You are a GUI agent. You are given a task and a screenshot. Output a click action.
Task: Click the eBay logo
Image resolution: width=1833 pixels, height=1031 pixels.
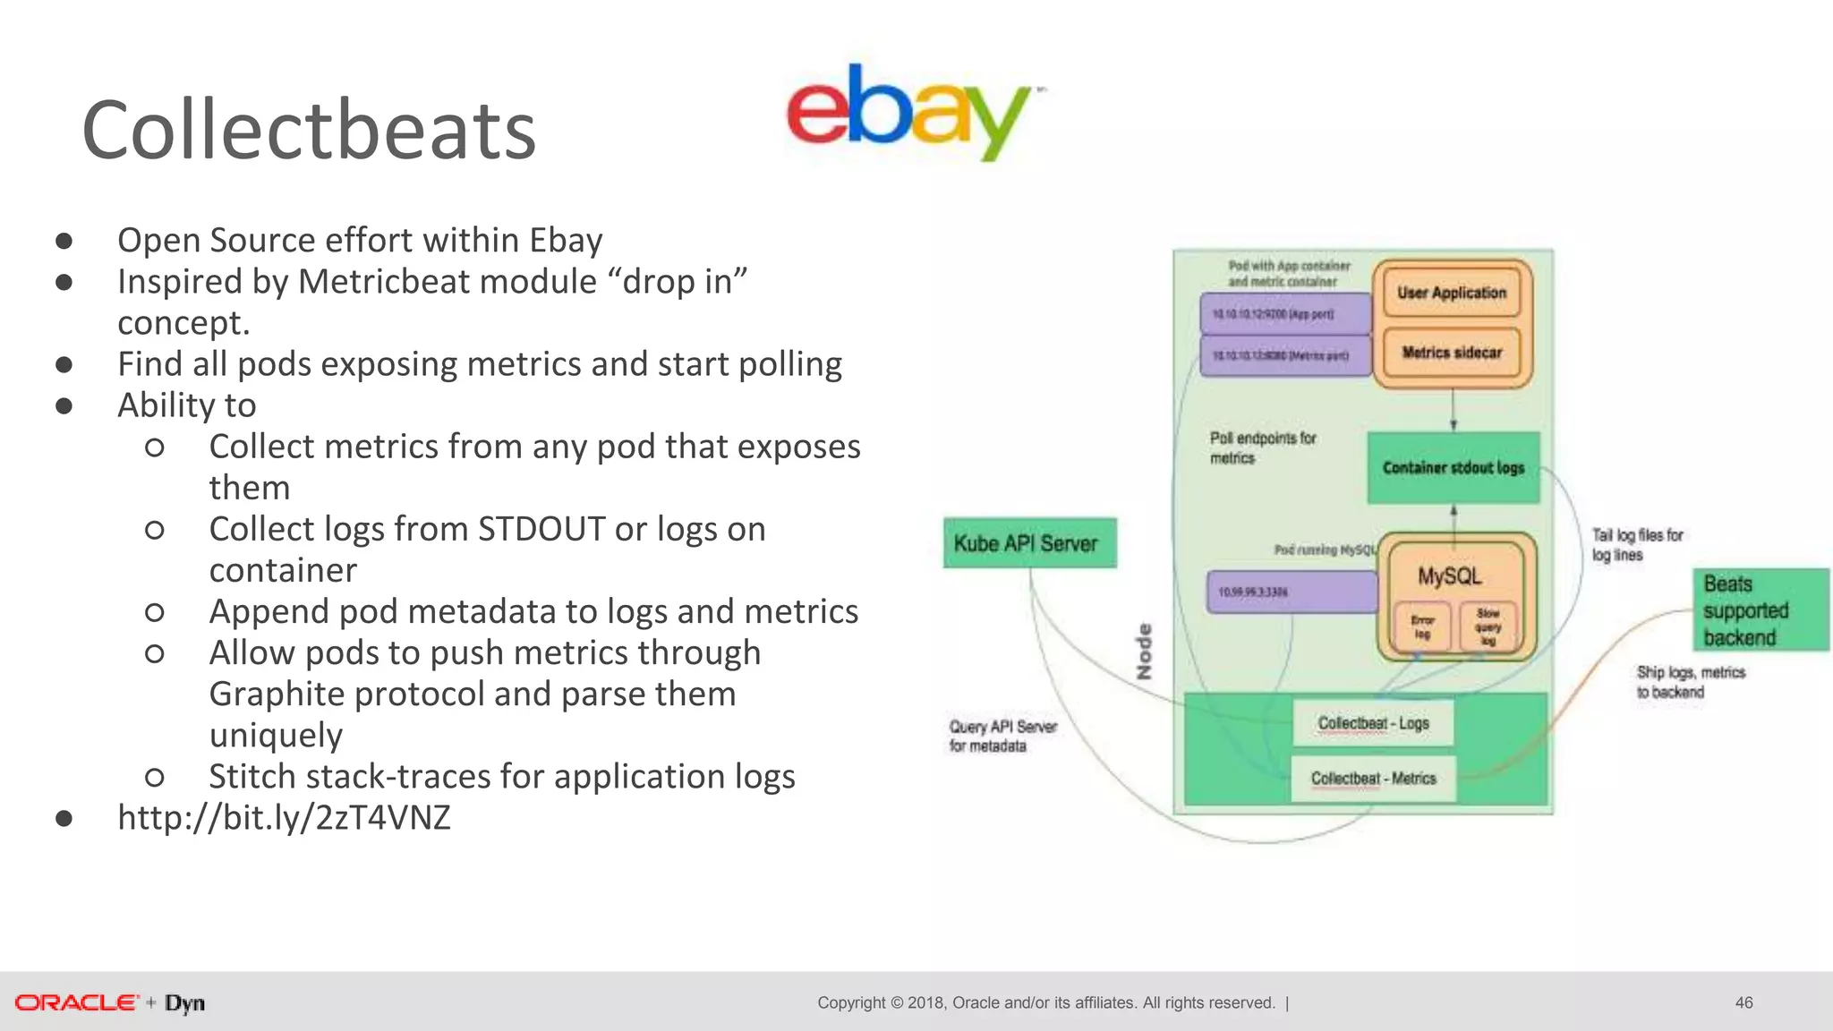908,112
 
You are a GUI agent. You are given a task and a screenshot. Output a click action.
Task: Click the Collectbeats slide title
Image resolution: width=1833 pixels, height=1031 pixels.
309,131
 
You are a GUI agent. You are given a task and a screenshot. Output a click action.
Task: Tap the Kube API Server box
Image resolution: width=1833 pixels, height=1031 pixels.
1029,543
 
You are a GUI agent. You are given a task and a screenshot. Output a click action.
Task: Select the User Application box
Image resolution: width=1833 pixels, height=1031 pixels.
1452,294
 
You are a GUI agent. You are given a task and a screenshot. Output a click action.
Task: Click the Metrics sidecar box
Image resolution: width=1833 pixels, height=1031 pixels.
1452,353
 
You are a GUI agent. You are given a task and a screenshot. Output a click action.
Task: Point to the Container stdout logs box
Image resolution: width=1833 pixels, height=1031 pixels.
1453,468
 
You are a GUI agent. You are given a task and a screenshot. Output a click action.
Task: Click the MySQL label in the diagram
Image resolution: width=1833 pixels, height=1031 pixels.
1449,576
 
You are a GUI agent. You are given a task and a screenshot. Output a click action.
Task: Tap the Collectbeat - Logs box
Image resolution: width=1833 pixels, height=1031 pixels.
1373,723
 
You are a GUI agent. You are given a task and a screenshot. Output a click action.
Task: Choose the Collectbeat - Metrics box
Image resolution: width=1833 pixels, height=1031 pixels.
1373,779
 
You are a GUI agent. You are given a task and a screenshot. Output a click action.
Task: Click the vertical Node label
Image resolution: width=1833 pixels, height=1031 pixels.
1144,652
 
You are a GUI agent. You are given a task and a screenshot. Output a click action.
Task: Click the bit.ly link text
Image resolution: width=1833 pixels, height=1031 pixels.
284,818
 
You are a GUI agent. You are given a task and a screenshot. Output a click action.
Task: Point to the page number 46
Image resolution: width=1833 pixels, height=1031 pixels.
1743,1002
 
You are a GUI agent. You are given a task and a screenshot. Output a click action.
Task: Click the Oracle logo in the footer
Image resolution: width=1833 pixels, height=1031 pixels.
77,1002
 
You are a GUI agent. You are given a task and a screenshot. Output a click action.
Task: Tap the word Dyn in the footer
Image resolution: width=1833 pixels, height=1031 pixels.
184,1003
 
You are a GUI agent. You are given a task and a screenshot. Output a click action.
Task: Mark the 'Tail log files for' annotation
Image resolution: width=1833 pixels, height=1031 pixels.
1637,535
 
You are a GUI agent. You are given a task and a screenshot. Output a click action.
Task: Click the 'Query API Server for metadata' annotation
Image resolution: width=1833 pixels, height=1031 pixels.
1002,736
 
